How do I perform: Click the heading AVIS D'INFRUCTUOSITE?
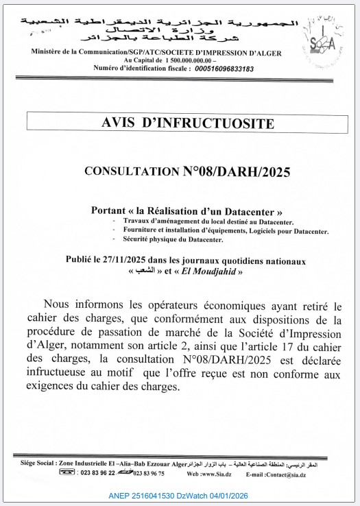[187, 123]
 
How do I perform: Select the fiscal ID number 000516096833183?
[214, 69]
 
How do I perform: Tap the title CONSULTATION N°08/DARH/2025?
[187, 171]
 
